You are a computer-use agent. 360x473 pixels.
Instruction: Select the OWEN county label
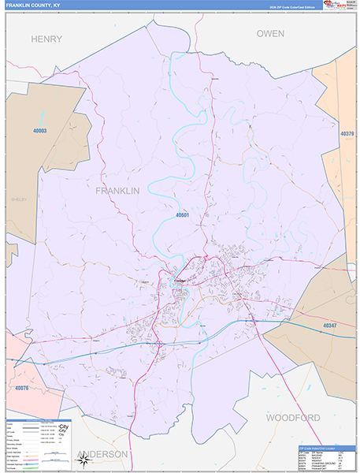[x=269, y=33]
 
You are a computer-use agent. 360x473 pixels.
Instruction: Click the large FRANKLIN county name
[x=117, y=191]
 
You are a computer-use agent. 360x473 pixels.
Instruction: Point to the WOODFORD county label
[x=292, y=417]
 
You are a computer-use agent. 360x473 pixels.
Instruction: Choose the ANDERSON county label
[x=102, y=455]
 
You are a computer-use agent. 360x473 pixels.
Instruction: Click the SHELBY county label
[x=19, y=199]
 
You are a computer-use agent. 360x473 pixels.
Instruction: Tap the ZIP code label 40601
[x=183, y=214]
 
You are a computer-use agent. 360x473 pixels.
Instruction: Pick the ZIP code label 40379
[x=347, y=135]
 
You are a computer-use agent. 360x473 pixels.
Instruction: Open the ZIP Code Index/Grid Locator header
[x=324, y=447]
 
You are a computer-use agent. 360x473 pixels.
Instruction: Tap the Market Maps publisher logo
[x=335, y=6]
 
